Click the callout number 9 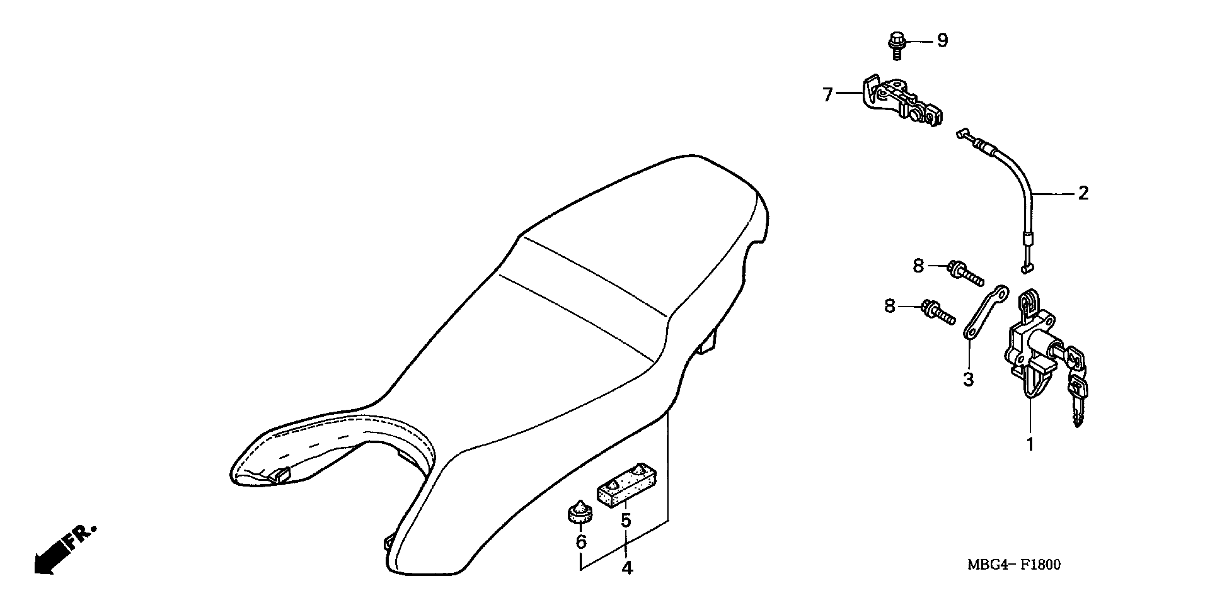click(942, 41)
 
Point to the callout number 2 click(1083, 193)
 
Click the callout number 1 click(1030, 444)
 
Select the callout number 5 click(626, 520)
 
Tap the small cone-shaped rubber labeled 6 click(580, 512)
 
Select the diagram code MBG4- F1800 click(1014, 565)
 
